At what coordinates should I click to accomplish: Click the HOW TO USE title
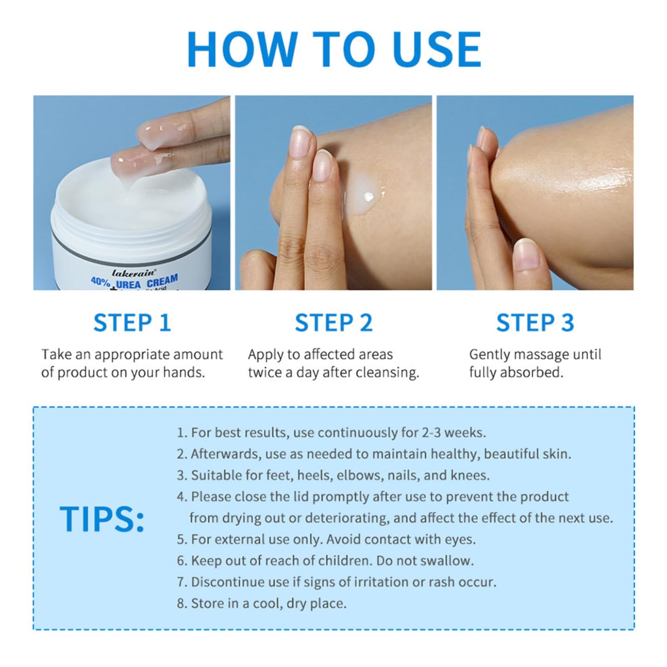pyautogui.click(x=334, y=49)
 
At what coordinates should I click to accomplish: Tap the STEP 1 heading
pyautogui.click(x=132, y=323)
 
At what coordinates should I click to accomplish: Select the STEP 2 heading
pyautogui.click(x=333, y=323)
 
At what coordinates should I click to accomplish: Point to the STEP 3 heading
pyautogui.click(x=535, y=323)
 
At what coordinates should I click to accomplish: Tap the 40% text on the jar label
pyautogui.click(x=101, y=282)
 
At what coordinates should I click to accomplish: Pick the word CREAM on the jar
pyautogui.click(x=162, y=281)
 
